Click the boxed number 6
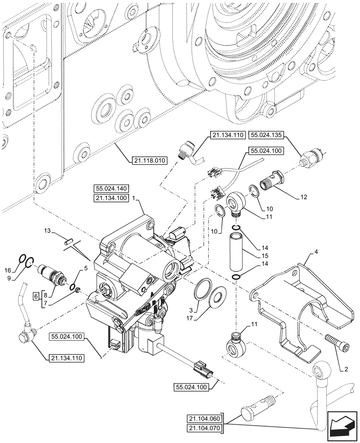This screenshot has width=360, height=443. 36,295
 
